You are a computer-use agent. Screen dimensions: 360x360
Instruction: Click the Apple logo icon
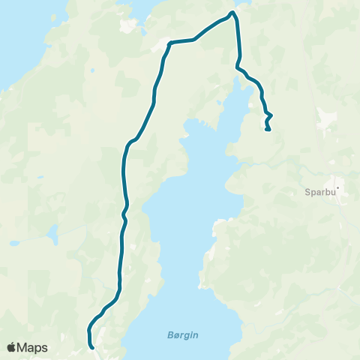point(12,347)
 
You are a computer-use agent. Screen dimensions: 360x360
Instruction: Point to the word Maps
point(33,347)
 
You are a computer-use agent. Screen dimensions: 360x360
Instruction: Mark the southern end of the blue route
point(92,348)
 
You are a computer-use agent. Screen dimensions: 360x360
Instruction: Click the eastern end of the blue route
point(268,130)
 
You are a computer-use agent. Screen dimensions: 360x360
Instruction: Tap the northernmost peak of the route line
point(232,12)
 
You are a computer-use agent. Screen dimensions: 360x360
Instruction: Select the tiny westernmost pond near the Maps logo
point(13,243)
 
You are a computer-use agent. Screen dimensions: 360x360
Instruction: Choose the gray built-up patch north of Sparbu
point(327,117)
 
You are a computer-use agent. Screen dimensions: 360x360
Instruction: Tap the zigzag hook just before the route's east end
point(268,115)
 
